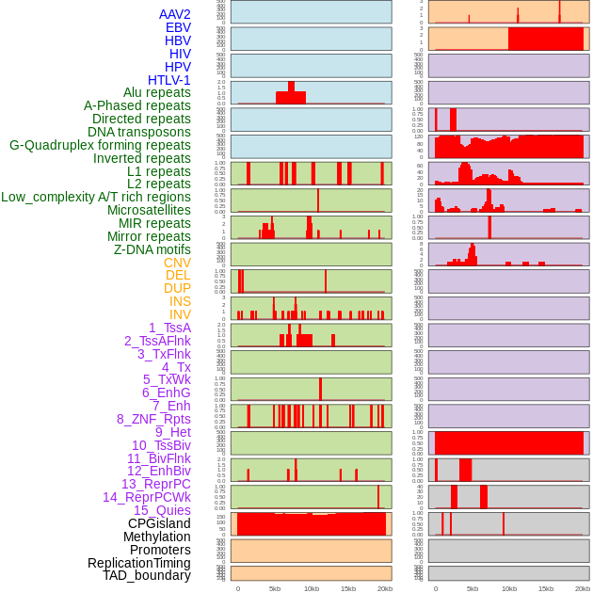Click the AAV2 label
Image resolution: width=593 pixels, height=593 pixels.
coord(174,14)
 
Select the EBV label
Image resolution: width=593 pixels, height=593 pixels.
coord(178,27)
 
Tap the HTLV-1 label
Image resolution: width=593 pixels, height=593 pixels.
coord(169,80)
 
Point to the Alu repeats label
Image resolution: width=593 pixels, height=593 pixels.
coord(157,92)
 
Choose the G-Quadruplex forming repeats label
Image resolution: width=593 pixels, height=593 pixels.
coord(100,145)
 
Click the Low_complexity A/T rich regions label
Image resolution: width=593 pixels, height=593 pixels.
coord(96,197)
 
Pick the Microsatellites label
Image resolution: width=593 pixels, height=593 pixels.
coord(149,210)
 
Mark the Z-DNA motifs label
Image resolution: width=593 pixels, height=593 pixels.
coord(152,249)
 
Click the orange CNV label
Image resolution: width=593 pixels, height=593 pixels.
coord(177,263)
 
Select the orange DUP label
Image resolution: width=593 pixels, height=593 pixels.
coord(177,288)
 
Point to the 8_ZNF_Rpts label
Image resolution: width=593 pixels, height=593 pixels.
coord(153,419)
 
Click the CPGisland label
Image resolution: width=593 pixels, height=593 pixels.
coord(159,523)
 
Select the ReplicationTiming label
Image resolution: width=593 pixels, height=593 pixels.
coord(138,563)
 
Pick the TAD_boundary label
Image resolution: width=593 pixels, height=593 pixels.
coord(147,575)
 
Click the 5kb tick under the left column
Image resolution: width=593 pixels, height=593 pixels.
coord(275,588)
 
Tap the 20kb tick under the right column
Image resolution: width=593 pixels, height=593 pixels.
coord(583,588)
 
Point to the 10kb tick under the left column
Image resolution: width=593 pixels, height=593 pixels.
coord(312,588)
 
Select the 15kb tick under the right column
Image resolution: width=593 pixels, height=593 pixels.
coord(546,588)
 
